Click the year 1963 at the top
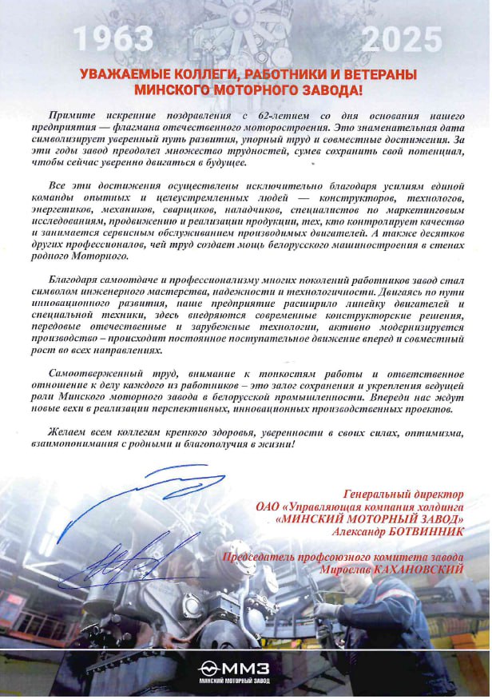pyautogui.click(x=113, y=38)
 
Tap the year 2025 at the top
pyautogui.click(x=402, y=38)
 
